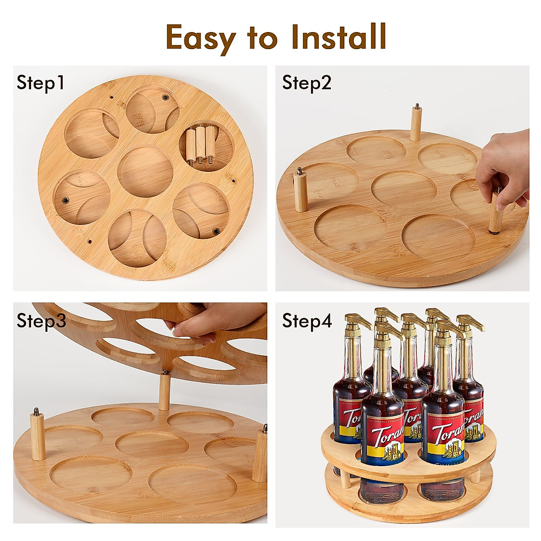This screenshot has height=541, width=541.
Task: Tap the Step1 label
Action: tap(41, 83)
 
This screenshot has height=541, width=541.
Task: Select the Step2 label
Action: tap(307, 83)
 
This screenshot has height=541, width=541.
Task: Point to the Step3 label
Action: tap(41, 321)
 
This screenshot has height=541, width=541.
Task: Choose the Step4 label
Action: tap(307, 321)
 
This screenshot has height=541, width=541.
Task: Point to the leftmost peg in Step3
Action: tap(37, 436)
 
